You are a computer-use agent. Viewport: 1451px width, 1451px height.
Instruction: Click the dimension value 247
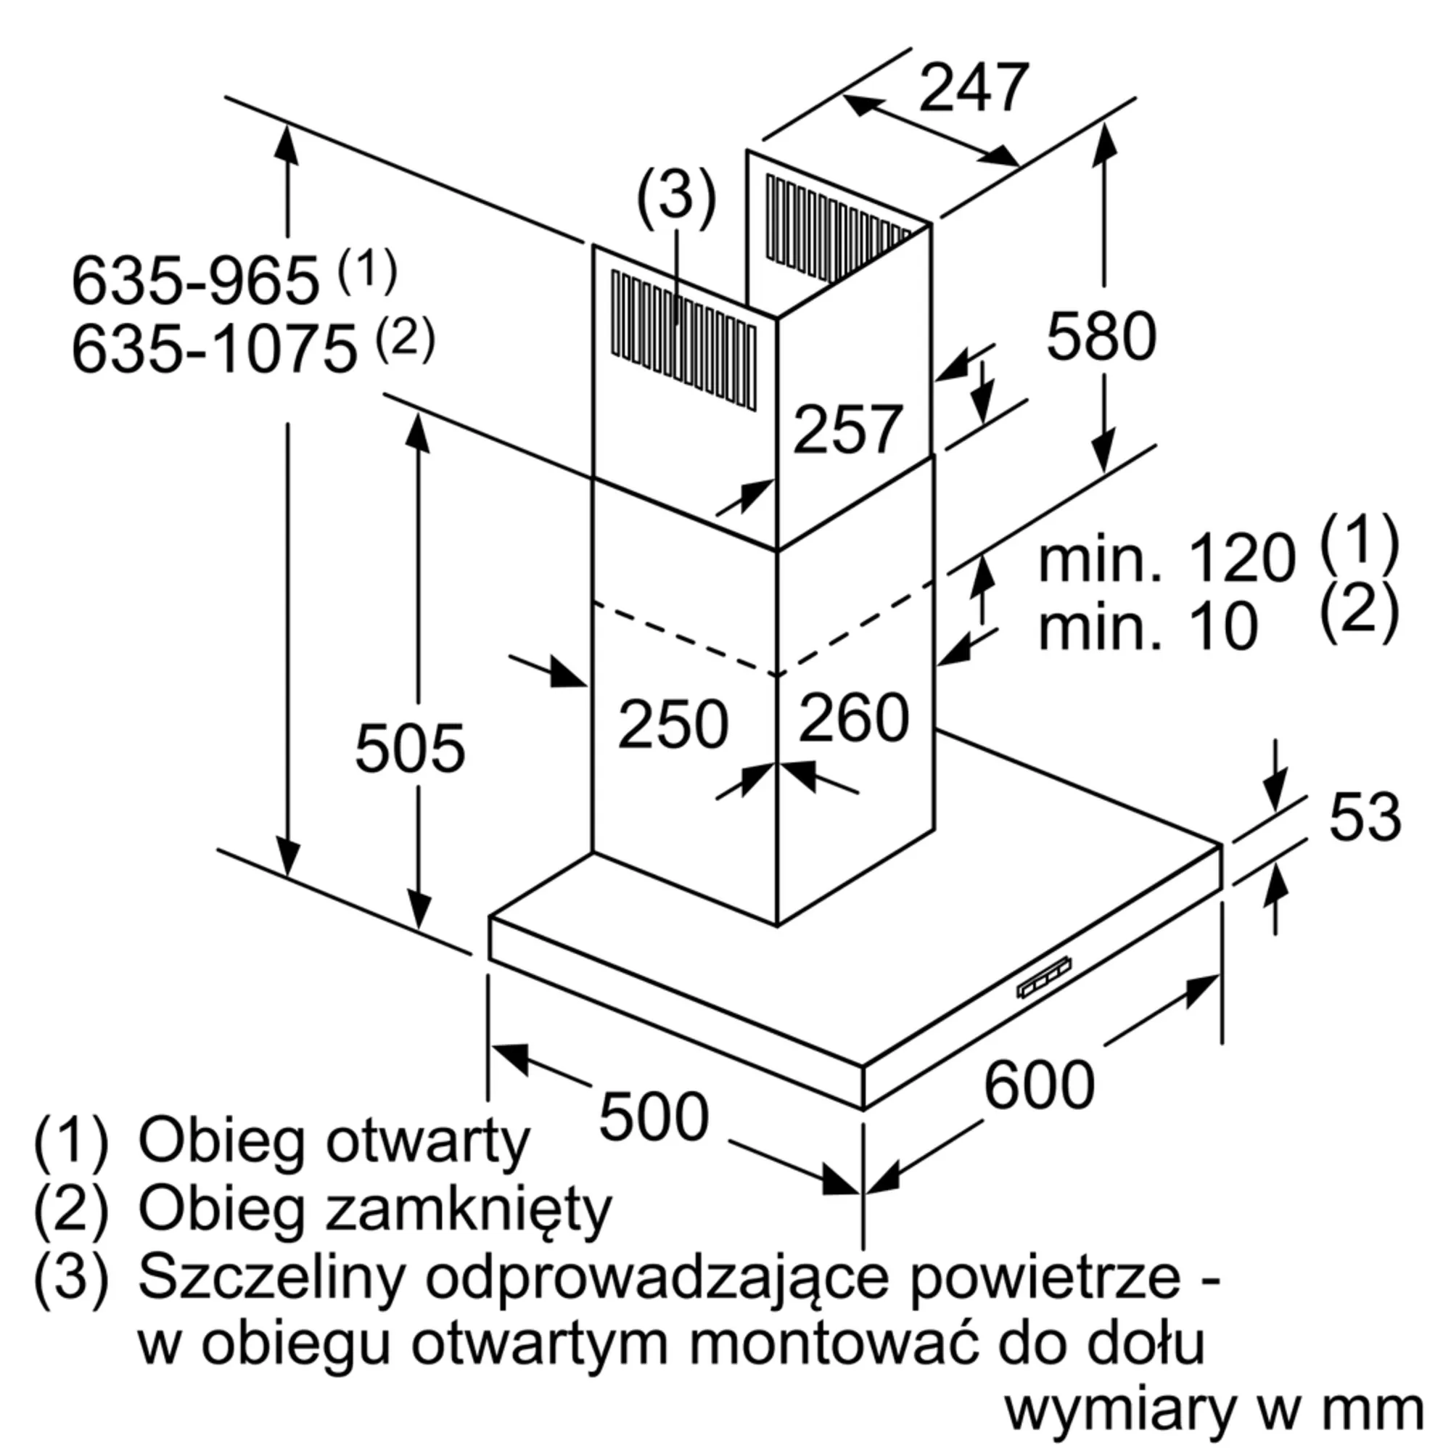(974, 89)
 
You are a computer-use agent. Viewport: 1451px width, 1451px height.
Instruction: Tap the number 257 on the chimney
(847, 429)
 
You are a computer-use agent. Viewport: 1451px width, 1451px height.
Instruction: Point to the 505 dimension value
(409, 749)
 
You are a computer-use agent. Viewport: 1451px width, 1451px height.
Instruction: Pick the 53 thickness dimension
(1365, 816)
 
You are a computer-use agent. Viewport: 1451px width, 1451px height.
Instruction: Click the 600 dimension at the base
(1039, 1085)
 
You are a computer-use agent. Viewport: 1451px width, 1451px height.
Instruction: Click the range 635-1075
(214, 349)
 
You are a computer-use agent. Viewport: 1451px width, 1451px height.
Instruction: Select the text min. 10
(1148, 627)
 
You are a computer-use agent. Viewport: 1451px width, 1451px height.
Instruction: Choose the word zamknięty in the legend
(469, 1210)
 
